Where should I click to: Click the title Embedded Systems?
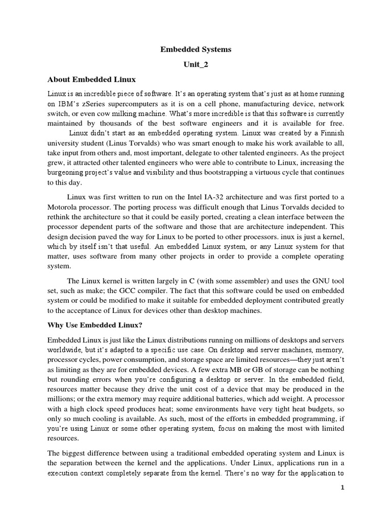pos(196,49)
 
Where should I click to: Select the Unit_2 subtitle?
pos(196,65)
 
